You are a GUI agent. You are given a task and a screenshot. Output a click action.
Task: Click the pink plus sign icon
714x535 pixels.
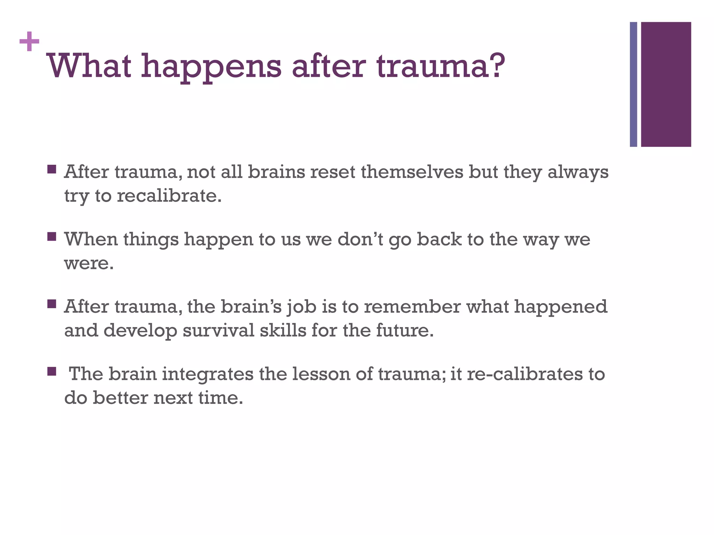pos(29,41)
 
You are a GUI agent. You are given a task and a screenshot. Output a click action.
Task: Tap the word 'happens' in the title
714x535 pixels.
pos(211,67)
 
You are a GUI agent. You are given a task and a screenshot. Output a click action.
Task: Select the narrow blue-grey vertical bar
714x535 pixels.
pos(633,84)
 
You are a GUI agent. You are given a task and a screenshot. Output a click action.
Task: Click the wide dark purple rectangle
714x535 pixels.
pos(666,84)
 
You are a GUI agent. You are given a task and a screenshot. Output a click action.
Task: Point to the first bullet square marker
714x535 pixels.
pos(52,170)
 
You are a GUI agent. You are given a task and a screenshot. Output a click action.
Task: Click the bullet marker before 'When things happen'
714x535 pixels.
pos(52,237)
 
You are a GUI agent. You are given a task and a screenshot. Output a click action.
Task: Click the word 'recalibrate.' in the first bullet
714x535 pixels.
pos(169,196)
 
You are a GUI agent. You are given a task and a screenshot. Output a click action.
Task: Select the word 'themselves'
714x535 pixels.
pos(412,172)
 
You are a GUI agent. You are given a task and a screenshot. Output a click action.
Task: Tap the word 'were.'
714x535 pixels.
pos(89,263)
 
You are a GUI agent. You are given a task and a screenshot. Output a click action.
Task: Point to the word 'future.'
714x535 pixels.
pos(405,330)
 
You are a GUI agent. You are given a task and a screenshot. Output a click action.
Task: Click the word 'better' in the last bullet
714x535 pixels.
pos(120,398)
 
